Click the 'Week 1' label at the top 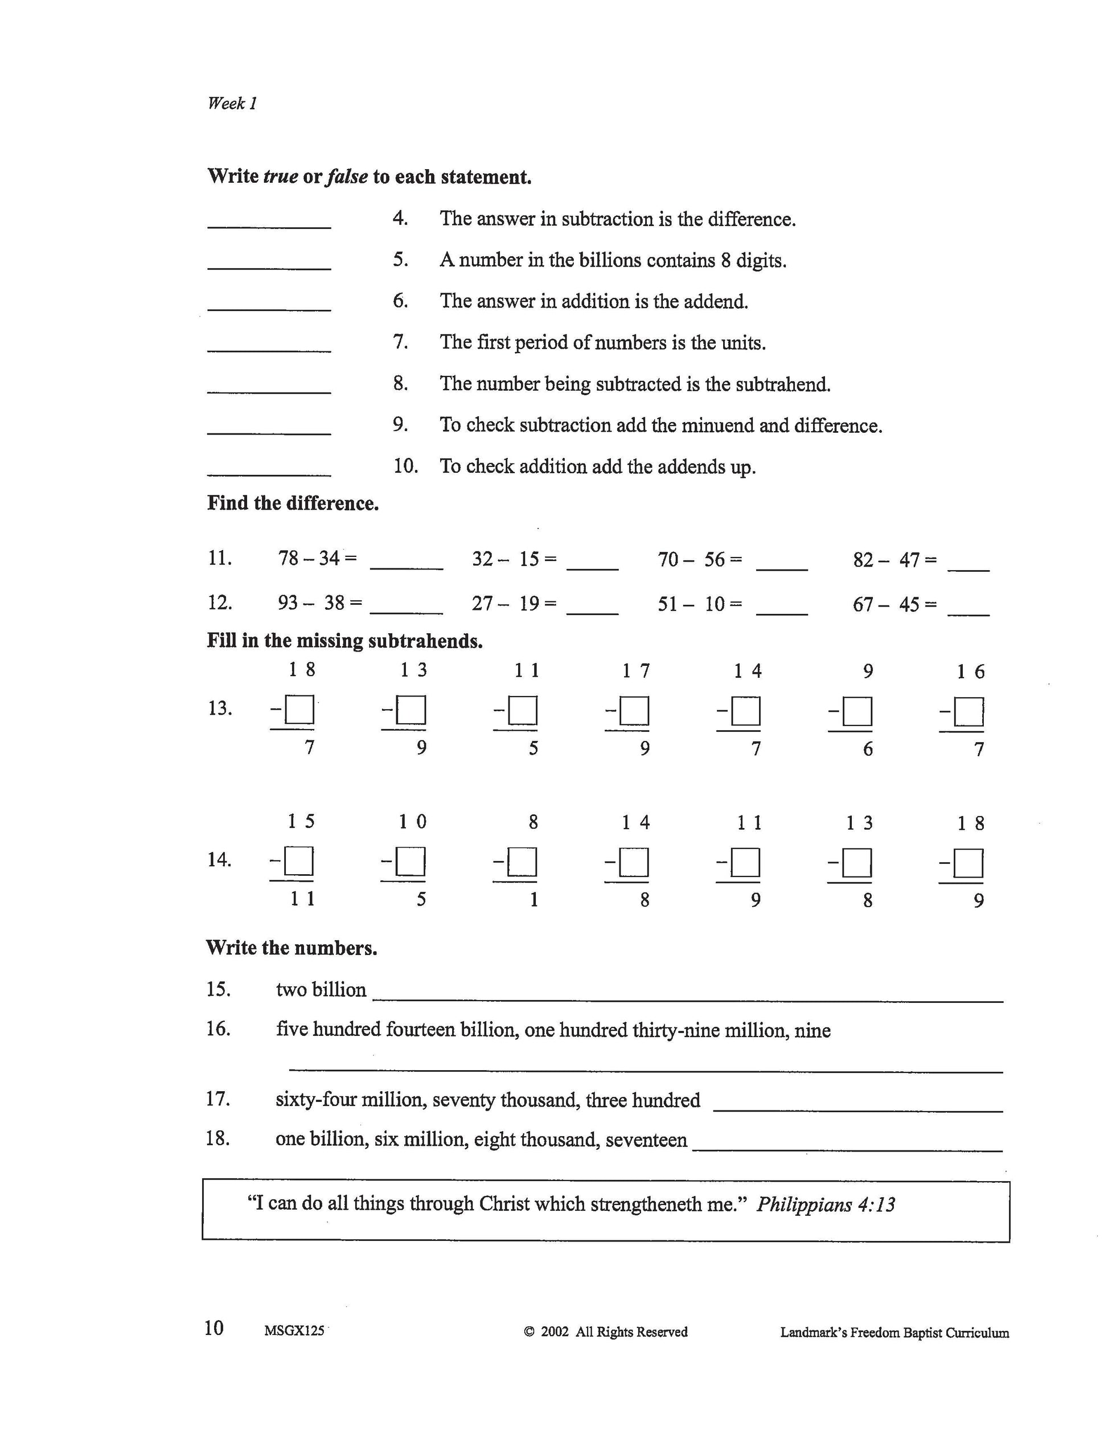(x=232, y=103)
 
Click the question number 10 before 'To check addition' (x=405, y=466)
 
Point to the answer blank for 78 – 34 (x=407, y=562)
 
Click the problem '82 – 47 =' (x=894, y=560)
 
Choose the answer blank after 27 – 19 (x=592, y=607)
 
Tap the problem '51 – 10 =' (x=700, y=604)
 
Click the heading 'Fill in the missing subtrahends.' (x=344, y=641)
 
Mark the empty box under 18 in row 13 (x=300, y=710)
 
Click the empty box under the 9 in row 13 (x=857, y=711)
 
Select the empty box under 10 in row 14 (x=411, y=862)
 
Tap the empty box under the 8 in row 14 (x=523, y=862)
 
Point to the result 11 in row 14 (x=302, y=899)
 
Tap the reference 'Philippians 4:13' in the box (x=825, y=1205)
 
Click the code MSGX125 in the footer (x=294, y=1331)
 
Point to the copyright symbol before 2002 (x=529, y=1331)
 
